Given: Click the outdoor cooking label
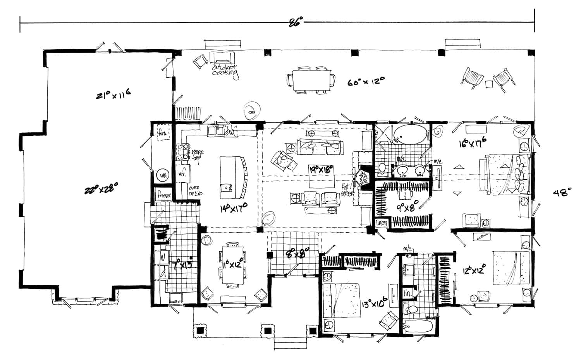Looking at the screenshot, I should coord(225,71).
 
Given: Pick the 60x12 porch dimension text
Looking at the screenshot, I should coord(366,82).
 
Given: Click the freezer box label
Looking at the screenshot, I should coord(163,195).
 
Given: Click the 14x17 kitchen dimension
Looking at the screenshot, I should coord(234,209).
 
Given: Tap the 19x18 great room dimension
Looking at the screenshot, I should coord(321,170).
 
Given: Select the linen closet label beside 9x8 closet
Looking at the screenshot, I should coord(382,223).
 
